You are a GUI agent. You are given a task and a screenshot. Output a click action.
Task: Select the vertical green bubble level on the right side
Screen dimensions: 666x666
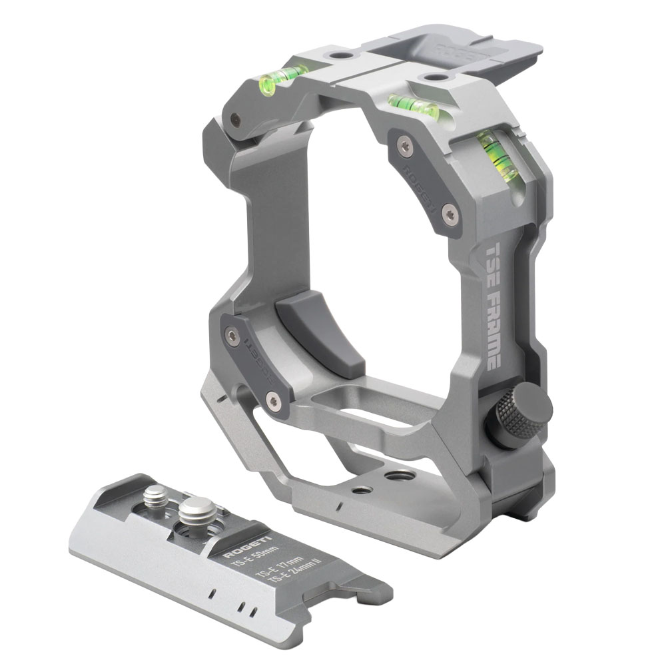click(495, 157)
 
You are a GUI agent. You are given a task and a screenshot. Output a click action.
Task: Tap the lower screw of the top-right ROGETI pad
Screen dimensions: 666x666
click(451, 214)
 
